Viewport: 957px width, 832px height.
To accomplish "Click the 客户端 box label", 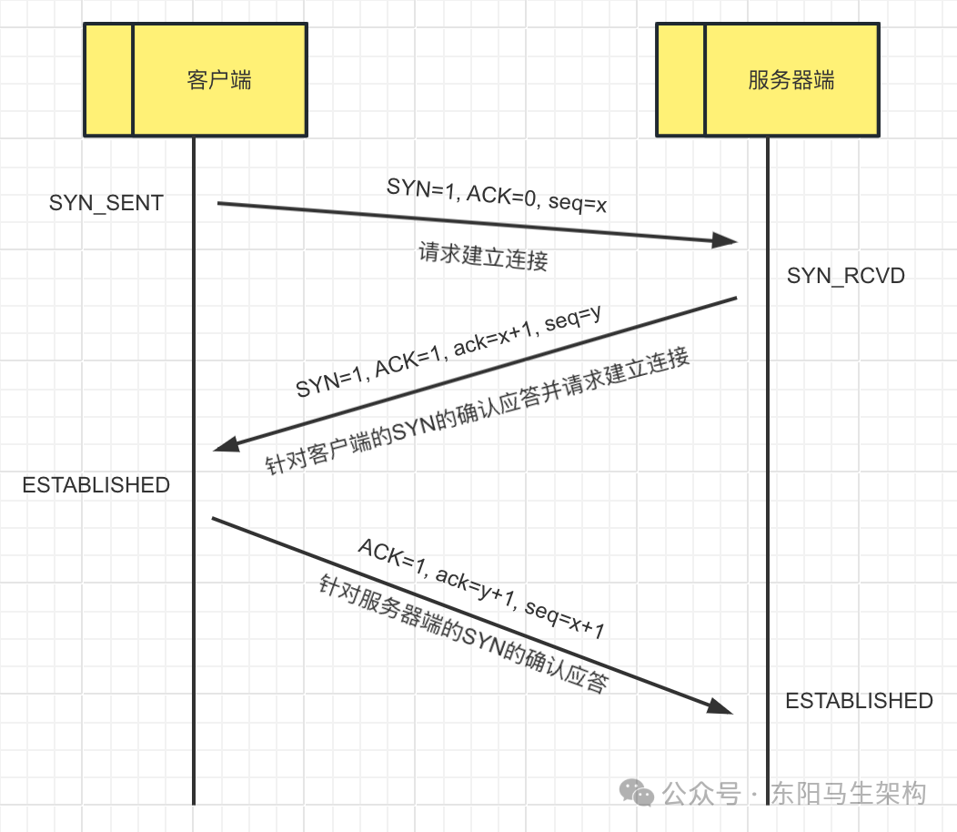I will (x=219, y=80).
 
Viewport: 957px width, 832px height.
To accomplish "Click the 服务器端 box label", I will (x=791, y=80).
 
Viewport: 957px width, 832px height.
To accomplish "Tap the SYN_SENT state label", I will (x=106, y=203).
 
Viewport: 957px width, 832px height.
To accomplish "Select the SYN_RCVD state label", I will (x=846, y=275).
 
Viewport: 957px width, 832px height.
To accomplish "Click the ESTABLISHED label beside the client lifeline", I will (x=96, y=485).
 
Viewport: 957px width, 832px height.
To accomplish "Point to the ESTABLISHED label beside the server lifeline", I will (x=859, y=701).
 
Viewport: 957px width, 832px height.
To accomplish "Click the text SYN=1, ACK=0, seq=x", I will (x=497, y=196).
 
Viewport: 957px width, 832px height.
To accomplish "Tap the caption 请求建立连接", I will (x=483, y=257).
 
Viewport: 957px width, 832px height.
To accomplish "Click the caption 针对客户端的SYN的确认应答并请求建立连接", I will (x=477, y=411).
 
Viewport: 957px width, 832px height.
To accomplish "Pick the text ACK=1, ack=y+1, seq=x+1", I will (x=481, y=589).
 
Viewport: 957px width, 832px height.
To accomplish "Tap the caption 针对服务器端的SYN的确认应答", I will (x=462, y=634).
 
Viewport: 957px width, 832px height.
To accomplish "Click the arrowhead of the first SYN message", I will (x=725, y=240).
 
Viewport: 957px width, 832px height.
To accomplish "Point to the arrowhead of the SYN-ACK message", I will (x=225, y=444).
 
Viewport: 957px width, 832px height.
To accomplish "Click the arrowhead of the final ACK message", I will (x=721, y=706).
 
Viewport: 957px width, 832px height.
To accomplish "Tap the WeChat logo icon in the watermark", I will (x=637, y=793).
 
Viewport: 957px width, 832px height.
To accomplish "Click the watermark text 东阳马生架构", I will (x=848, y=793).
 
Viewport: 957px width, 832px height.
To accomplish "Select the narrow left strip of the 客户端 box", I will (x=109, y=80).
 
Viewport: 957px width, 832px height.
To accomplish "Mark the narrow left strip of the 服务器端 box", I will (x=681, y=80).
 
